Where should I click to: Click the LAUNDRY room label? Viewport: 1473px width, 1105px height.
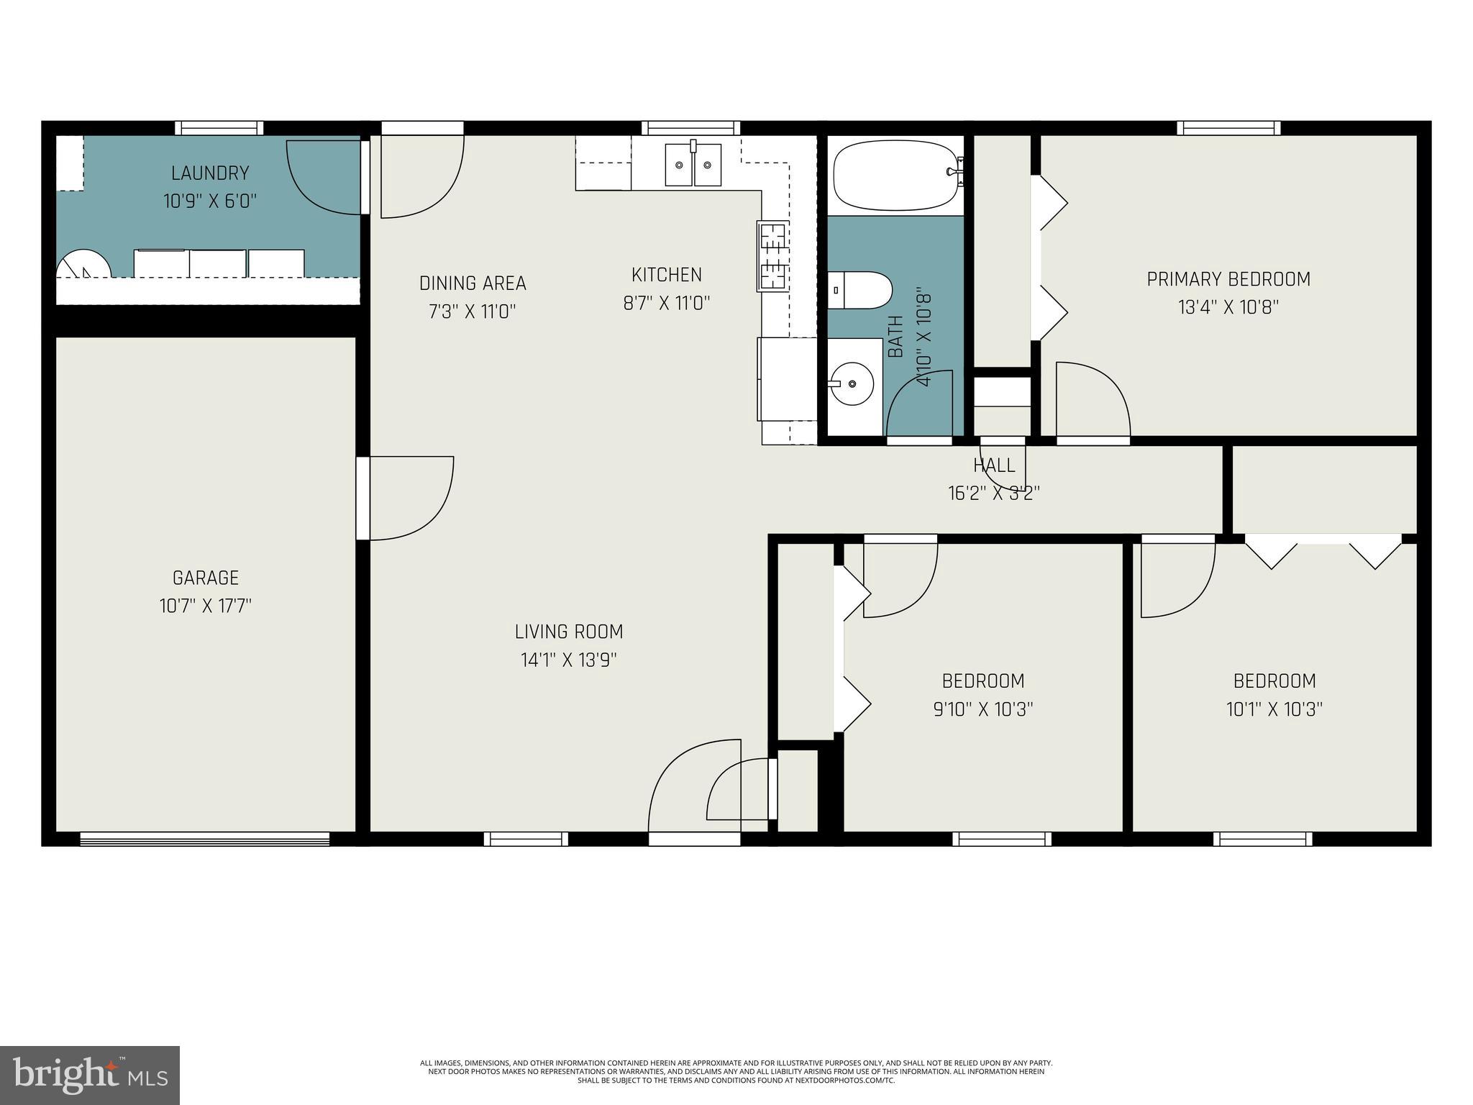[x=210, y=173]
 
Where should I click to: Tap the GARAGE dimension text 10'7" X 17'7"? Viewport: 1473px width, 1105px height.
[x=206, y=606]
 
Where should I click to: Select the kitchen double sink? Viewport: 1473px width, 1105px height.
[x=693, y=165]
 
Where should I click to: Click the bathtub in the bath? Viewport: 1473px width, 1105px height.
[x=895, y=176]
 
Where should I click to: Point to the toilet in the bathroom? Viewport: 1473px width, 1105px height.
[x=860, y=290]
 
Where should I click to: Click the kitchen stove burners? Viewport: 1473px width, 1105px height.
[x=773, y=256]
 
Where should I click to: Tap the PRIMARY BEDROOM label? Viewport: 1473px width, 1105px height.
[x=1228, y=279]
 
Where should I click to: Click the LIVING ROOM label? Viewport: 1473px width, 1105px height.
[x=569, y=632]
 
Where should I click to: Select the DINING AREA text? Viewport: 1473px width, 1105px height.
[x=473, y=283]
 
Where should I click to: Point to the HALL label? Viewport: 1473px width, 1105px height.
[x=994, y=465]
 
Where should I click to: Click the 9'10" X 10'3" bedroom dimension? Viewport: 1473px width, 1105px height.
[x=983, y=709]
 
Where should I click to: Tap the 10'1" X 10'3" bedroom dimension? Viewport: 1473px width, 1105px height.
[x=1274, y=709]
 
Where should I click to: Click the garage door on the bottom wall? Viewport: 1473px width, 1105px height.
[x=205, y=839]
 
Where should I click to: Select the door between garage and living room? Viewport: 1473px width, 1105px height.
[x=364, y=498]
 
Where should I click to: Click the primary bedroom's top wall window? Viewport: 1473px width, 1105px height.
[x=1228, y=128]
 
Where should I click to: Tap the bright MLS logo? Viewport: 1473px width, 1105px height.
[x=90, y=1075]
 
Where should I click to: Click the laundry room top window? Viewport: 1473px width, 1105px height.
[x=219, y=128]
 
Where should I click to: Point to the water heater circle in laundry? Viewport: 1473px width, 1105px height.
[x=83, y=264]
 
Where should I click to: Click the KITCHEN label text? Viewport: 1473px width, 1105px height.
[x=667, y=275]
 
